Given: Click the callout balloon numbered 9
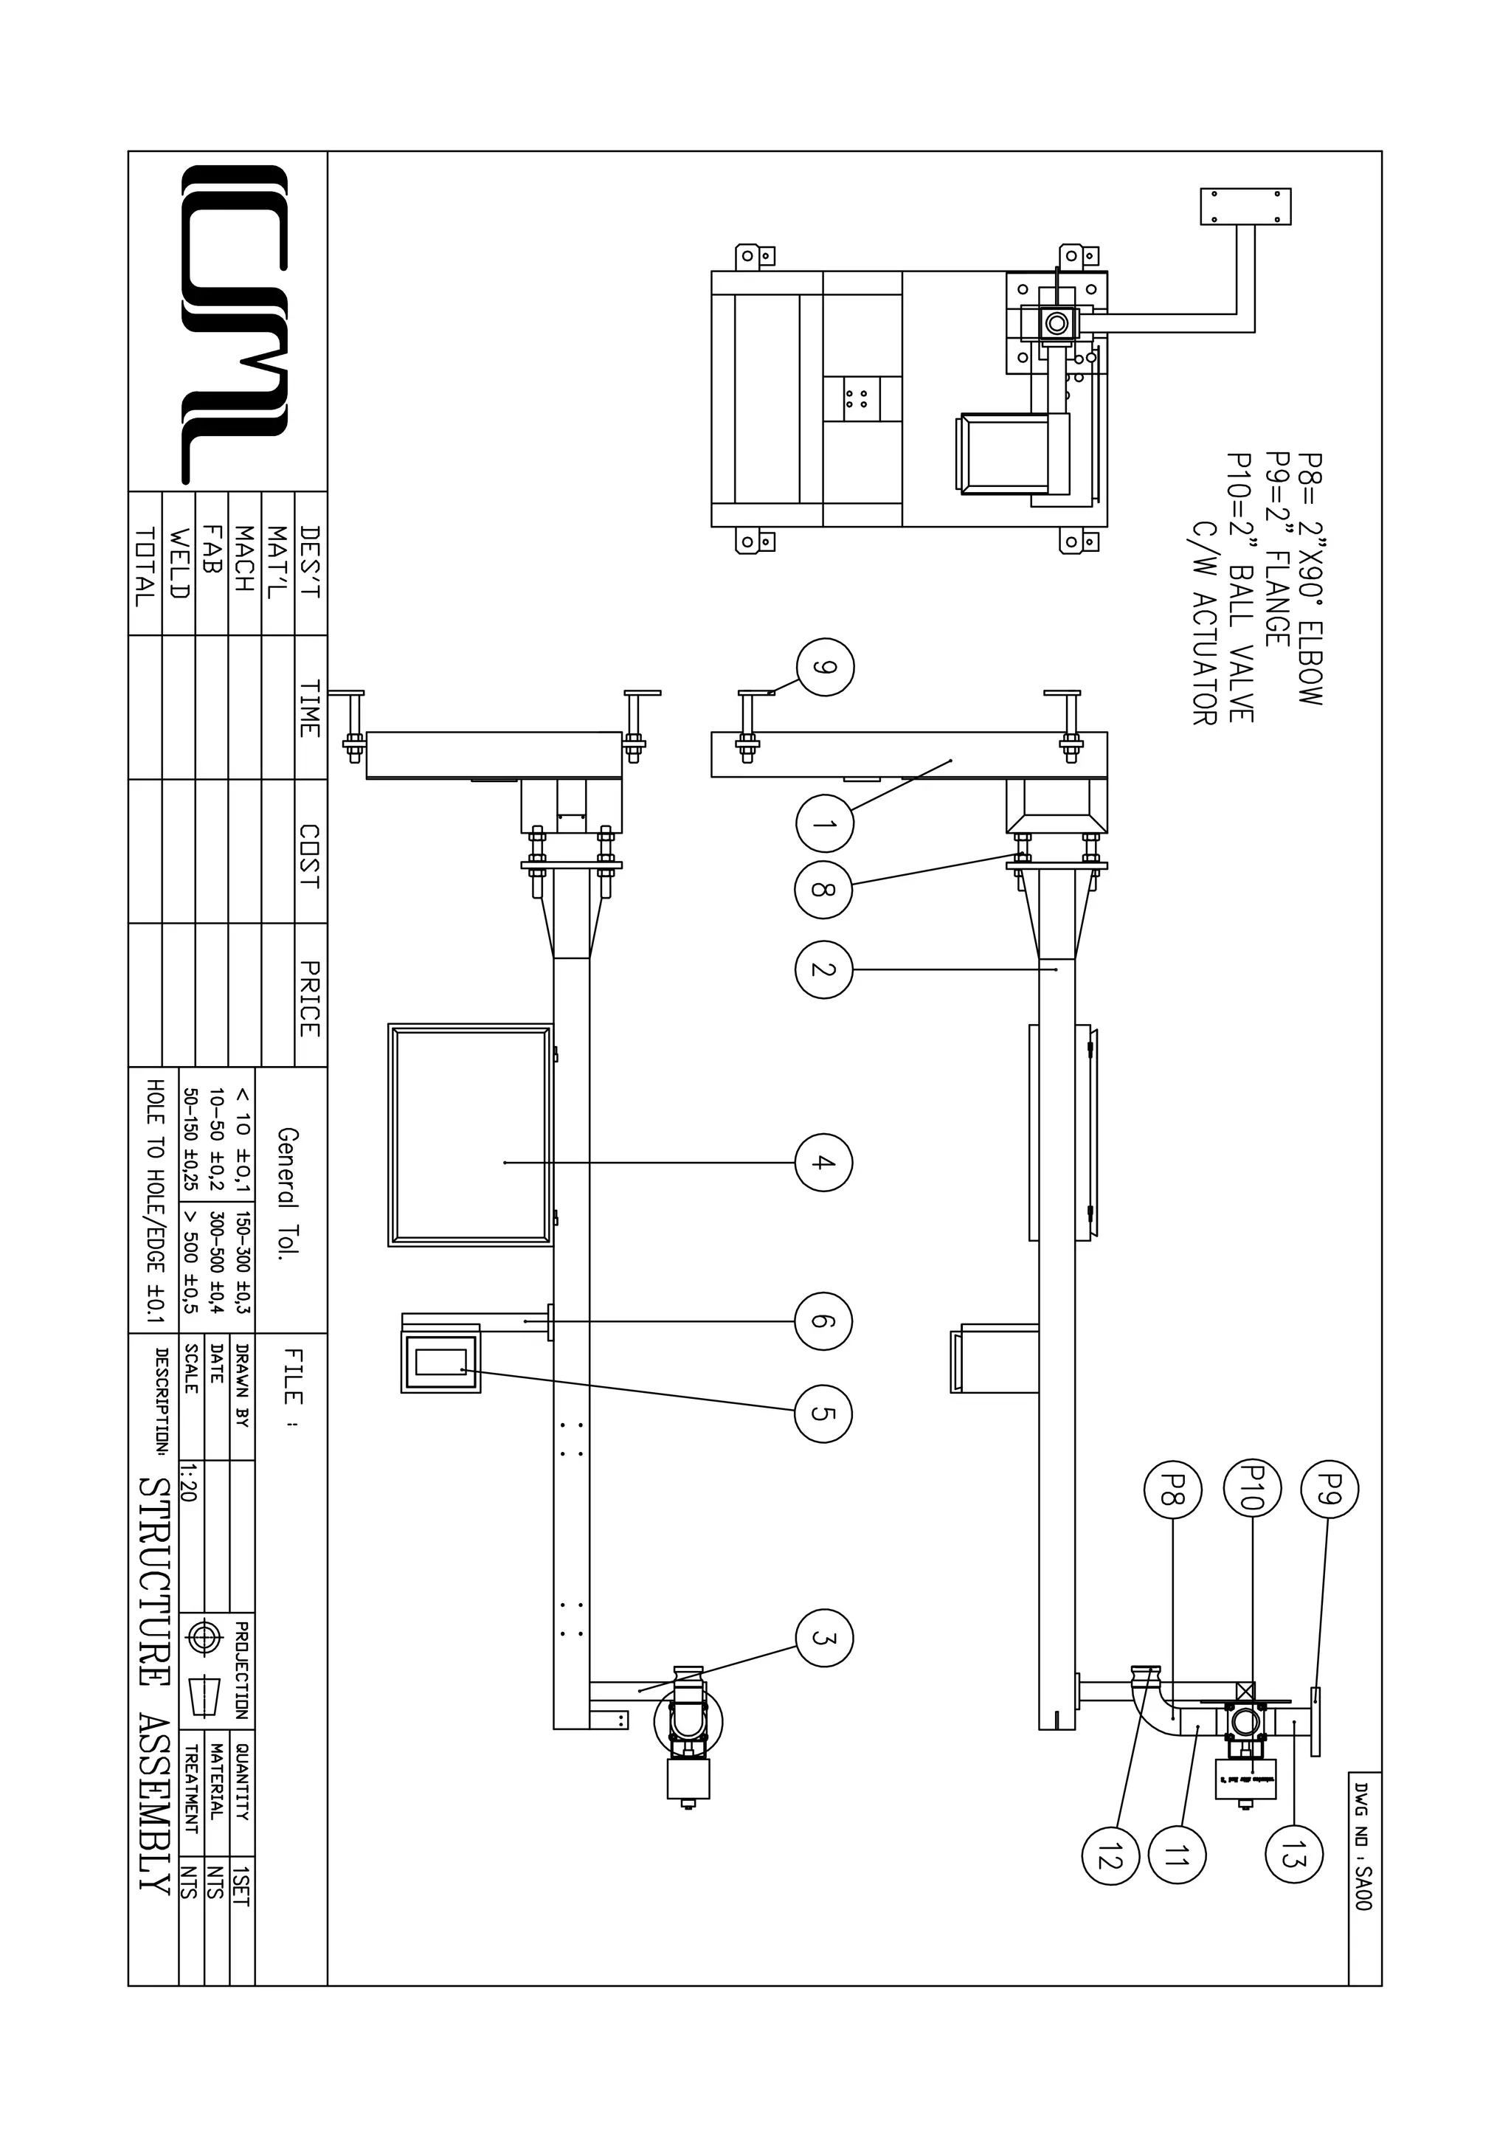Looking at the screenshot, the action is coord(825,667).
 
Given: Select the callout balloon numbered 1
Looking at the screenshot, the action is coord(825,823).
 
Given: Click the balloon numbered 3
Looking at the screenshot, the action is coord(824,1638).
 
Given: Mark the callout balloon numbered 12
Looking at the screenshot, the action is coord(1110,1856).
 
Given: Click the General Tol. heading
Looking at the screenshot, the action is coord(288,1193).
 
